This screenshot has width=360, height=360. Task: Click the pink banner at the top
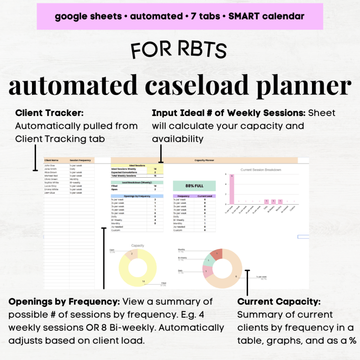[x=180, y=16]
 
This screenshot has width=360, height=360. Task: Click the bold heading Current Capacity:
[x=279, y=302]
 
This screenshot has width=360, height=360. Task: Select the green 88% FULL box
[x=194, y=185]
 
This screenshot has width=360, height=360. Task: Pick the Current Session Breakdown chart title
[x=260, y=170]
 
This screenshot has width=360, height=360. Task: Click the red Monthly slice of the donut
[x=217, y=254]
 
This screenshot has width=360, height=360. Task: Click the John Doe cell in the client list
[x=50, y=165]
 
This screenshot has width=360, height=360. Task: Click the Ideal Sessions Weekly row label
[x=123, y=169]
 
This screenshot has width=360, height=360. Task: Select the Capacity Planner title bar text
[x=204, y=160]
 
